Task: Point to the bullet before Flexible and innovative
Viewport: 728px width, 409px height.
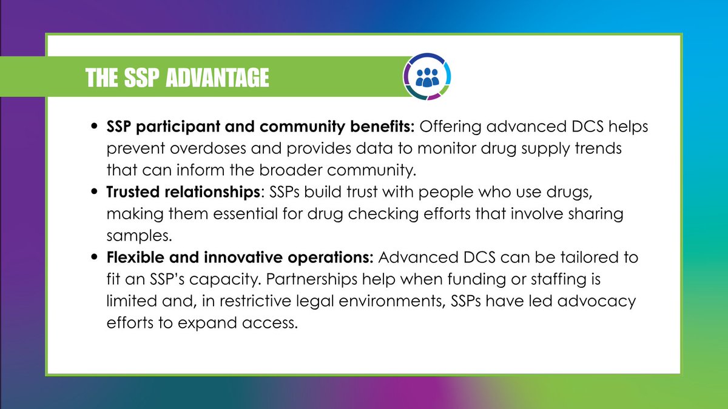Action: (x=94, y=258)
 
